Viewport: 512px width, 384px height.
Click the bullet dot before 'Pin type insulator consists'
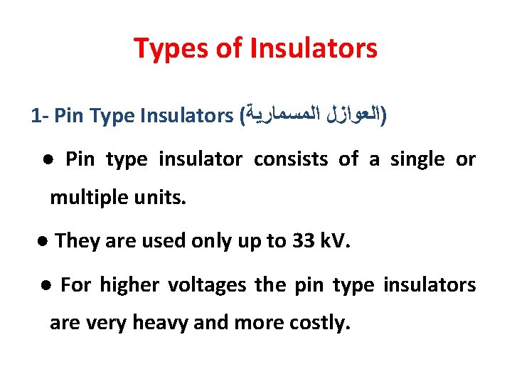(47, 160)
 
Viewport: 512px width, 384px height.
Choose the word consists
(291, 159)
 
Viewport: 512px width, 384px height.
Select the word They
(78, 241)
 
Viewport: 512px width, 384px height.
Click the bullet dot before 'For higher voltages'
(46, 286)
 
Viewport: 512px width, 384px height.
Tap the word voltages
(208, 286)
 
